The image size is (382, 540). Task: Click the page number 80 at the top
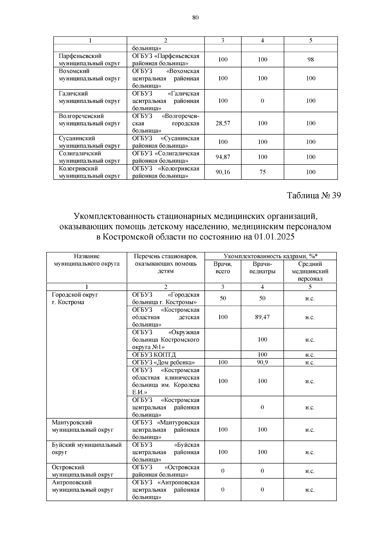[195, 18]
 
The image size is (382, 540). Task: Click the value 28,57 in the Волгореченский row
[223, 123]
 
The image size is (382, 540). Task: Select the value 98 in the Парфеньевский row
[310, 60]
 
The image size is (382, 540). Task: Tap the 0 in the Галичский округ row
[262, 101]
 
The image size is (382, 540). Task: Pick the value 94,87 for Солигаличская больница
[223, 157]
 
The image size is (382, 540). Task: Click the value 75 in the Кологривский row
[262, 172]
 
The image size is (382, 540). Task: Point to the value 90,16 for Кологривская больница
[223, 172]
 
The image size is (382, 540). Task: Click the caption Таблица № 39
[314, 195]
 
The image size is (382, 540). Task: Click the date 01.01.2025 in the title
[274, 237]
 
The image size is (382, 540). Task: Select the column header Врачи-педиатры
[262, 268]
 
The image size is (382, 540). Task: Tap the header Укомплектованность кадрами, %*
[271, 256]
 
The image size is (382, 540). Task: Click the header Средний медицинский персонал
[310, 271]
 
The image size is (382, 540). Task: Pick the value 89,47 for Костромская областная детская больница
[262, 317]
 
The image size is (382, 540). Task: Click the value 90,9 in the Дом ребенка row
[262, 362]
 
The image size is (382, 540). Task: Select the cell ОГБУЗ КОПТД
[154, 355]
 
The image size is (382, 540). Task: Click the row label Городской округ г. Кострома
[75, 298]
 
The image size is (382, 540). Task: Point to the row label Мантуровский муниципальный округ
[83, 426]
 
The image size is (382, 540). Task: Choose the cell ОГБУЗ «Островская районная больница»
[166, 471]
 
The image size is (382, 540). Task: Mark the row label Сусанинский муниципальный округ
[89, 142]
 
